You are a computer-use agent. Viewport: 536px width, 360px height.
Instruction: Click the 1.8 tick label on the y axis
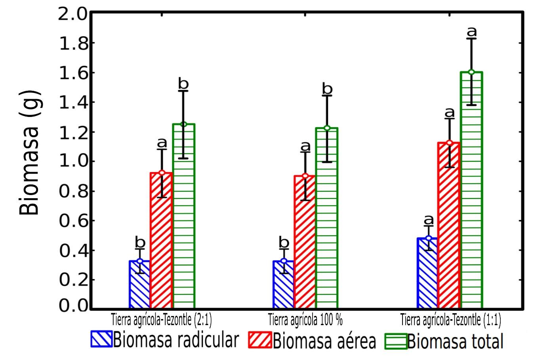click(72, 44)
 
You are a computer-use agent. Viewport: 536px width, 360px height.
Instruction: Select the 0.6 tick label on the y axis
click(72, 221)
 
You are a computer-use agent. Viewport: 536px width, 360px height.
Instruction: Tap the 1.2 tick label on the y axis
click(72, 132)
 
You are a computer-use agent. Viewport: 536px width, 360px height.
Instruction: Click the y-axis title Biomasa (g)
click(30, 152)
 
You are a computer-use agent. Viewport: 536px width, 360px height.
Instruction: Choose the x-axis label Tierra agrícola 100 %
click(305, 320)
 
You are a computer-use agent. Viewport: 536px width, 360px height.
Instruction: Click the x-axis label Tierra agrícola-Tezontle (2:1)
click(161, 320)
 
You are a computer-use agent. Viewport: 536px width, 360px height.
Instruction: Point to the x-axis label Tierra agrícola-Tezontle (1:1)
click(450, 320)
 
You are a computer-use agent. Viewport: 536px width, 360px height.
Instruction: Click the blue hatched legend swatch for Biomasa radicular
click(101, 339)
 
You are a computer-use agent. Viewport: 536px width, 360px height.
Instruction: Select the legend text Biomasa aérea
click(324, 341)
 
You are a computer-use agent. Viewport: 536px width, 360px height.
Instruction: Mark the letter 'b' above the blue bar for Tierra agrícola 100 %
click(284, 241)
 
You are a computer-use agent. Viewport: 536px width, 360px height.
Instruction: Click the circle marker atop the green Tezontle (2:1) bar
click(183, 124)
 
